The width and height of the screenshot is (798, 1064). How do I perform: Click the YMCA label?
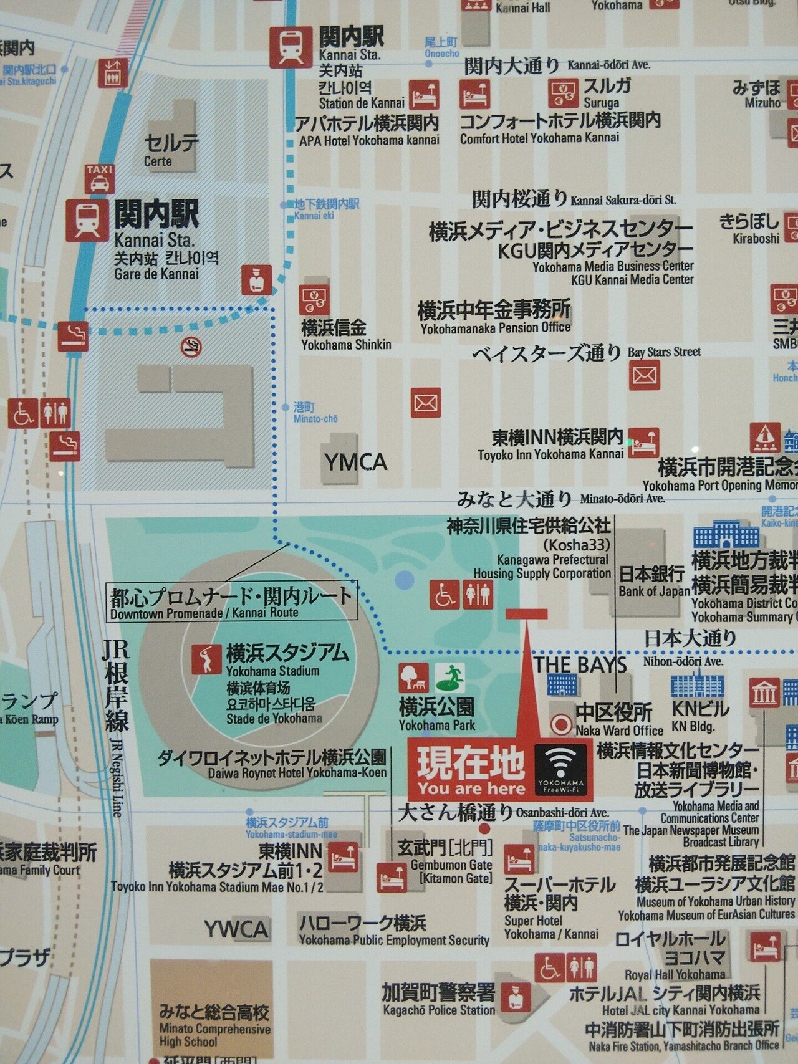355,463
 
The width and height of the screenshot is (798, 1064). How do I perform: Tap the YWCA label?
236,929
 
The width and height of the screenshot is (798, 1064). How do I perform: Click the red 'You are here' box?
471,770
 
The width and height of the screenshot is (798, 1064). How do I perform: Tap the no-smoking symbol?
191,347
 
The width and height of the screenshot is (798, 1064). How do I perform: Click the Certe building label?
171,150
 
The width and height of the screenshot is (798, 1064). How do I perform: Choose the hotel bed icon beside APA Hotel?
424,95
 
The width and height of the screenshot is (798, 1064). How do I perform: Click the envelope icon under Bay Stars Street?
644,375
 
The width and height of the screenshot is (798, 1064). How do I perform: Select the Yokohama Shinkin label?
346,335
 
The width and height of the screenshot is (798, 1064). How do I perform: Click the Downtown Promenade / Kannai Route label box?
232,602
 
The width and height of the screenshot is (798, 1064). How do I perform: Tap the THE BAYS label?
580,664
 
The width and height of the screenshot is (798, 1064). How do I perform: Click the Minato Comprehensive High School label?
214,1026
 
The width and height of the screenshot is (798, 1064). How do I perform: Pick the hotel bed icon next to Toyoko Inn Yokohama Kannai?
643,443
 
